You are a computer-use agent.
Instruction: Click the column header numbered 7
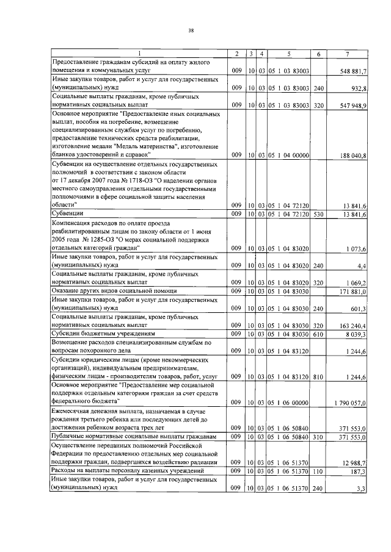[346, 55]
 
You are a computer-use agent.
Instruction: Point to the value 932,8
[358, 88]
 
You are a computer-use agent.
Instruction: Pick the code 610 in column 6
[318, 334]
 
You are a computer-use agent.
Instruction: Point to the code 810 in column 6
[318, 377]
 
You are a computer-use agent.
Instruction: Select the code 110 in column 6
[318, 471]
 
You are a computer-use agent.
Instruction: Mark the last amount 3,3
[362, 489]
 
